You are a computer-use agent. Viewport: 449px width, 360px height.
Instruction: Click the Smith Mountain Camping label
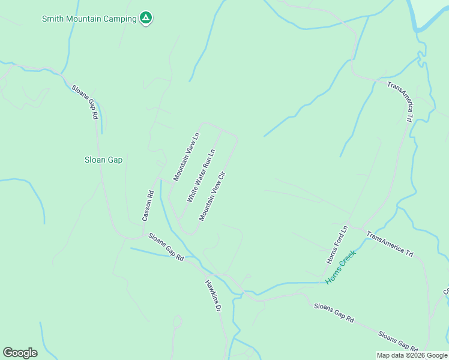[x=89, y=19]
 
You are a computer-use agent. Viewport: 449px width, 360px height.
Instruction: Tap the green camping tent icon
[x=145, y=18]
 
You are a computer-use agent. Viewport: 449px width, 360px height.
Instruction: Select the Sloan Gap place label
[x=103, y=160]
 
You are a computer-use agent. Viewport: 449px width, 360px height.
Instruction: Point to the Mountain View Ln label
[x=186, y=157]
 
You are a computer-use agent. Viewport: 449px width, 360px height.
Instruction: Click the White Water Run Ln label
[x=200, y=175]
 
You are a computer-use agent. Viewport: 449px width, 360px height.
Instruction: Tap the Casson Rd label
[x=148, y=206]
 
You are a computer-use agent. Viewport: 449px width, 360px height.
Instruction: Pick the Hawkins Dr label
[x=213, y=295]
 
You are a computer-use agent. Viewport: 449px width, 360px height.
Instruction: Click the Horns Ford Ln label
[x=337, y=245]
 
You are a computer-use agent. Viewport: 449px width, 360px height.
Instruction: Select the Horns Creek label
[x=341, y=266]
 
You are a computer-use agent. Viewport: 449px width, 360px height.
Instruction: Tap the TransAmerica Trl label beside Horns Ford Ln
[x=390, y=244]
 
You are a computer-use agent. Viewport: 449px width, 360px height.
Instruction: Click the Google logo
[x=20, y=353]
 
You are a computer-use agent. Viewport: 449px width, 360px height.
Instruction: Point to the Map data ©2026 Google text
[x=412, y=355]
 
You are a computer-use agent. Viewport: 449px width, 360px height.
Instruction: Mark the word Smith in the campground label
[x=52, y=19]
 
